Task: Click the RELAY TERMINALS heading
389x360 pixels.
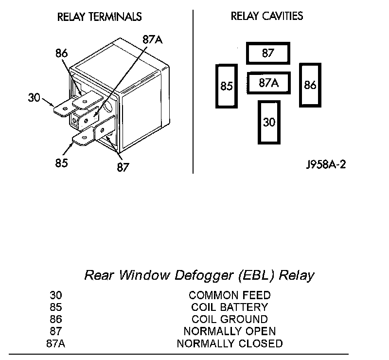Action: coord(99,17)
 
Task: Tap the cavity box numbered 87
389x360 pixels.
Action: coord(268,54)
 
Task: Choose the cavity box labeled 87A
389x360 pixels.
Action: coord(268,83)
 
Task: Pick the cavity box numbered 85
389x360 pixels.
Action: coord(227,86)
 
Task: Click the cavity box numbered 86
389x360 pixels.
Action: coord(310,85)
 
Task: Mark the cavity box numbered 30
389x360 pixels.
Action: coord(269,122)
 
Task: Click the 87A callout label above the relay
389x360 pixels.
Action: coord(152,39)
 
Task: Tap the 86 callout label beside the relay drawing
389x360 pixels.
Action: coord(62,54)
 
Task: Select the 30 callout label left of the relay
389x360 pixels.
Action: coord(34,97)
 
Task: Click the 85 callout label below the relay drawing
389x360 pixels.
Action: coord(61,163)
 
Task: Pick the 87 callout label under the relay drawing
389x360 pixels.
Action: coord(123,167)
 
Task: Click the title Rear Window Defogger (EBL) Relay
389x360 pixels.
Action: coord(199,275)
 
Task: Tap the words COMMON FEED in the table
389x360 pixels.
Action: coord(230,295)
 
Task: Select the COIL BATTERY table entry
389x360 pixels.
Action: coord(230,307)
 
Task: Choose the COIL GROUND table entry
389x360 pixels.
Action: coord(230,319)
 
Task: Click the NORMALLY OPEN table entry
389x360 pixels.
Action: coord(230,331)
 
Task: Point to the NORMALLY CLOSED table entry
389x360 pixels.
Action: coord(230,343)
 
